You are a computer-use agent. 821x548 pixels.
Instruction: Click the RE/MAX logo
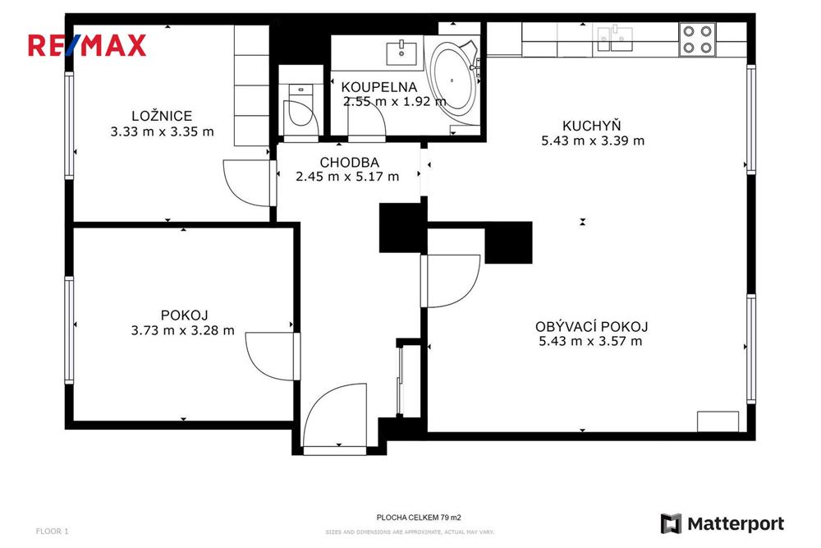pyautogui.click(x=87, y=44)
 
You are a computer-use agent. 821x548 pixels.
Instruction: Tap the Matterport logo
pyautogui.click(x=722, y=523)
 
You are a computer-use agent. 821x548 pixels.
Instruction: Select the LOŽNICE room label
pyautogui.click(x=162, y=116)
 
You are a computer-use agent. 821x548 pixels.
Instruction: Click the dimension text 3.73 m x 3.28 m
pyautogui.click(x=182, y=330)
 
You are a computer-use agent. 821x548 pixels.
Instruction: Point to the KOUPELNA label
pyautogui.click(x=379, y=87)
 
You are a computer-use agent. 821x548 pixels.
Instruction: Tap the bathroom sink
pyautogui.click(x=402, y=51)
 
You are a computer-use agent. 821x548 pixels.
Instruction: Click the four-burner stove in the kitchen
pyautogui.click(x=697, y=39)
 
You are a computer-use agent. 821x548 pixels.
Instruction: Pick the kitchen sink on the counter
pyautogui.click(x=615, y=35)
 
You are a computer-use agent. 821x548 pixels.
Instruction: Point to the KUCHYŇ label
pyautogui.click(x=591, y=126)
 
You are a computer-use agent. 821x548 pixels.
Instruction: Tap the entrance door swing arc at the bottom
pyautogui.click(x=328, y=419)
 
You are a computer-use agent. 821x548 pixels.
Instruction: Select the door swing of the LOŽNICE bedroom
pyautogui.click(x=246, y=182)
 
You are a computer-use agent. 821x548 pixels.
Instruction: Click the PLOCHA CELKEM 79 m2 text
pyautogui.click(x=419, y=518)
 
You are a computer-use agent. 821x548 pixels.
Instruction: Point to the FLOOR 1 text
pyautogui.click(x=53, y=532)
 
